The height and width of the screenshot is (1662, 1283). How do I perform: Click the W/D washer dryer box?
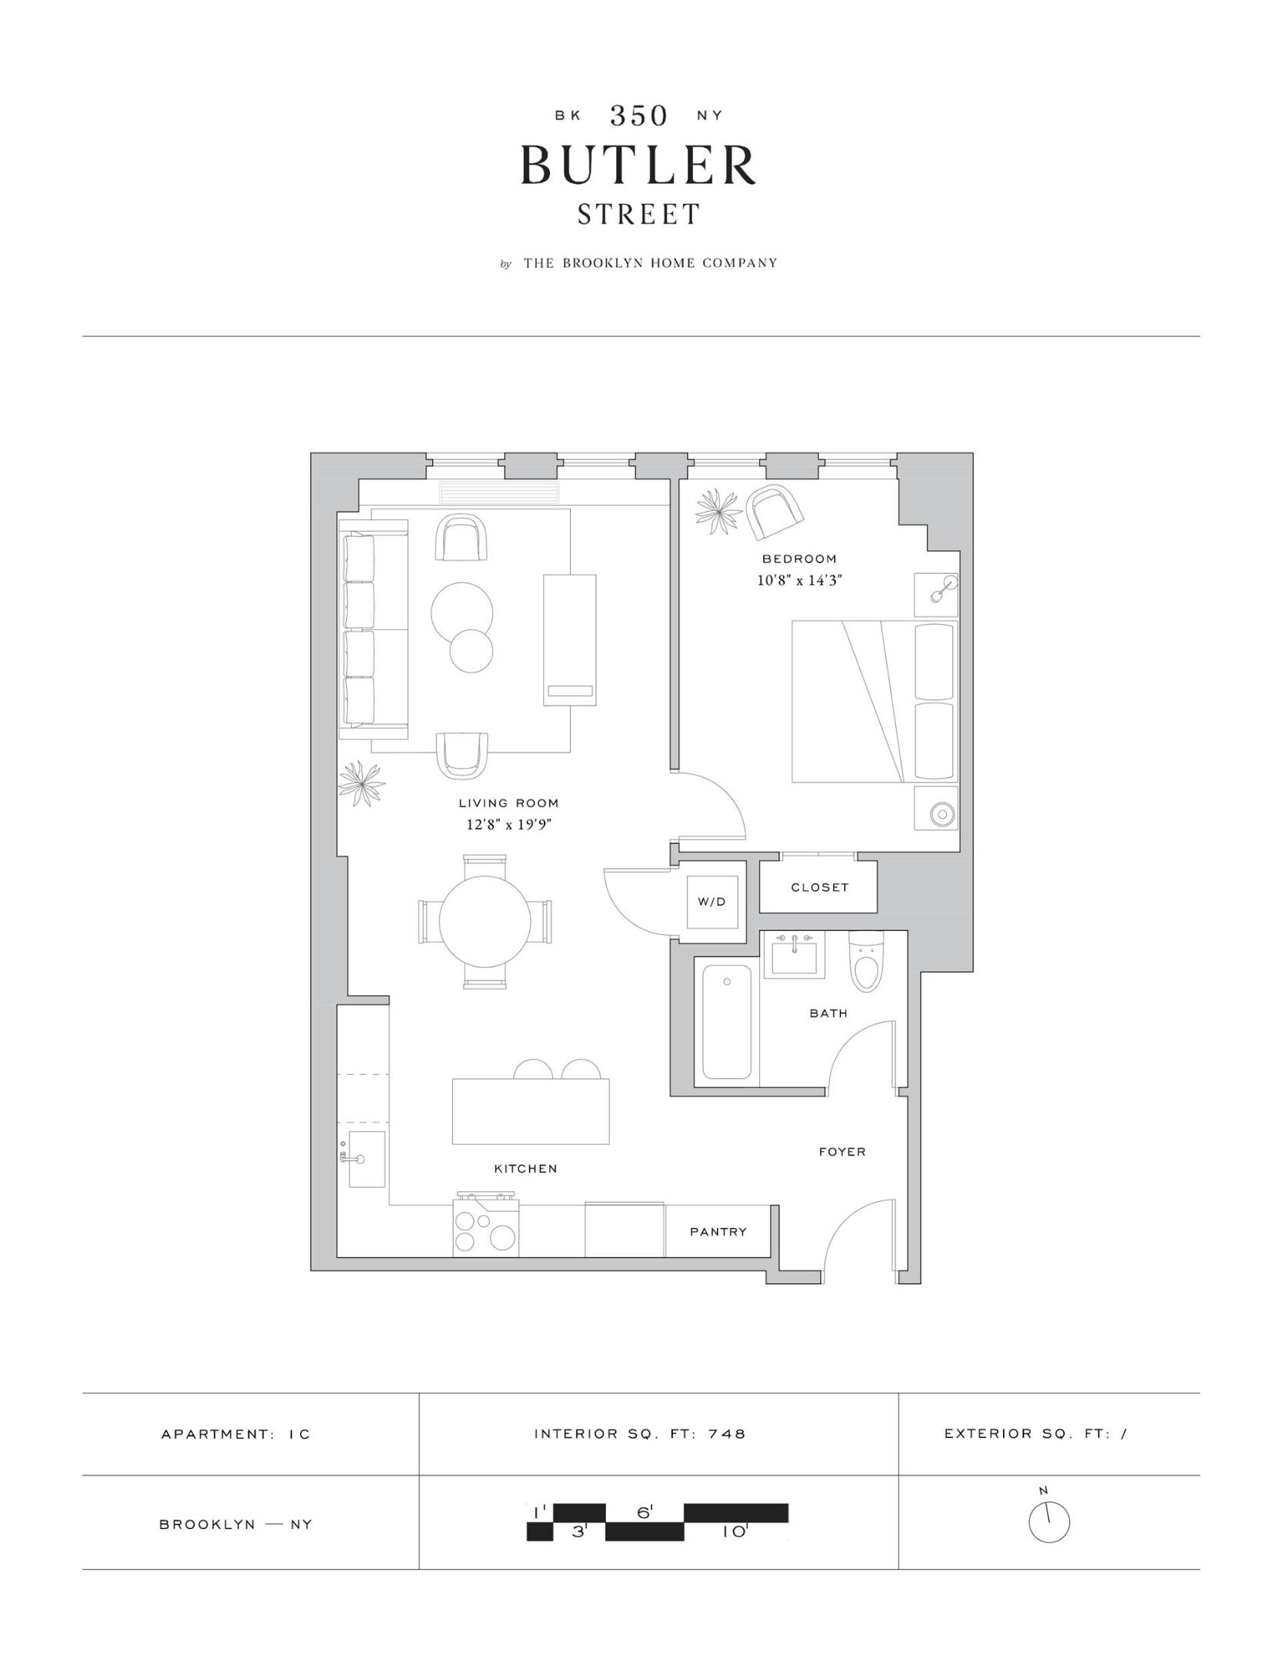[x=711, y=901]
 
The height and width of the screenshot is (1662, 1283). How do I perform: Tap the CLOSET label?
[x=819, y=887]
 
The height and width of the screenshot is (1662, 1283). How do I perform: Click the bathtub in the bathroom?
[x=727, y=1022]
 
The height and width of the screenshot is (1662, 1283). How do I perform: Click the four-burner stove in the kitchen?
[x=485, y=1230]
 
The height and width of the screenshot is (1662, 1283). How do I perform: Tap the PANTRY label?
[x=718, y=1231]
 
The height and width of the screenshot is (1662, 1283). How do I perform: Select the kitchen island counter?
[x=531, y=1111]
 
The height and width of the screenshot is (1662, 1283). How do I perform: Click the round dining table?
[x=485, y=921]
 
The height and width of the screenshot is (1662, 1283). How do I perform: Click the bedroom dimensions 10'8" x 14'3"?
[x=799, y=580]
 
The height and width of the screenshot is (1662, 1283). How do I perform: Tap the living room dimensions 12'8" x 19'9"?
[x=509, y=825]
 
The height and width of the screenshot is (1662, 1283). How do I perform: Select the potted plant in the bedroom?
[x=718, y=511]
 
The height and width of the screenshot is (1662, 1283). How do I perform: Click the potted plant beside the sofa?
[x=361, y=784]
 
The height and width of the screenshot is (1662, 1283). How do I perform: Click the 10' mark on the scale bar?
[x=734, y=1533]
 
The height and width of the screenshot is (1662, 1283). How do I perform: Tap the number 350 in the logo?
[x=638, y=115]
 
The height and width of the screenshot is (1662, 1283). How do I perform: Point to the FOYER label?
[x=841, y=1152]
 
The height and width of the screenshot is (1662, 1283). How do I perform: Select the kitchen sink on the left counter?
[x=366, y=1160]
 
